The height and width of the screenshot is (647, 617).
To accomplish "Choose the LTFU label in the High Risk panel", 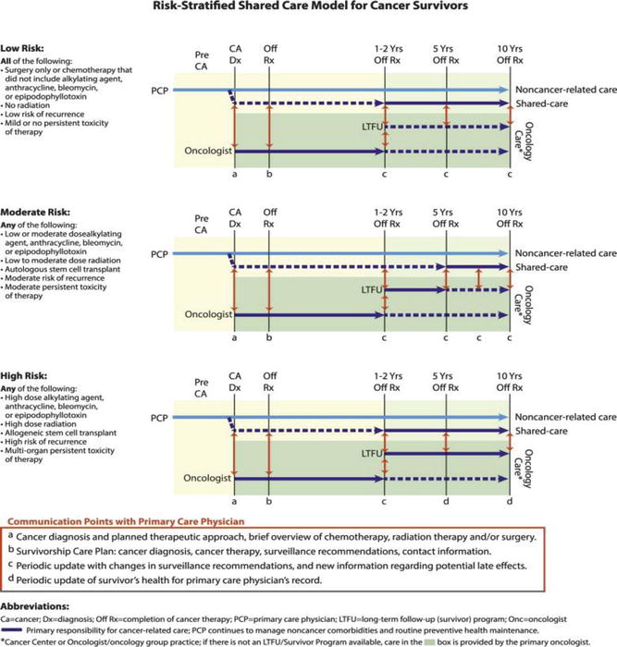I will pyautogui.click(x=373, y=455).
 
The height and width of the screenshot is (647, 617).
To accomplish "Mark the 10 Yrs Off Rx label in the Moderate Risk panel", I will pyautogui.click(x=509, y=218).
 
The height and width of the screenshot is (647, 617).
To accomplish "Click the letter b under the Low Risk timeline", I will pyautogui.click(x=268, y=173).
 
